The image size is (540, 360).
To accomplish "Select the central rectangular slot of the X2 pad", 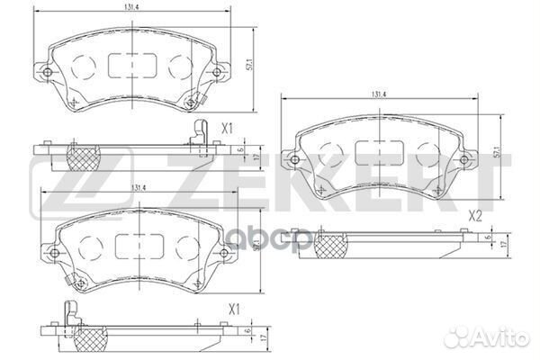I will pyautogui.click(x=376, y=156).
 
